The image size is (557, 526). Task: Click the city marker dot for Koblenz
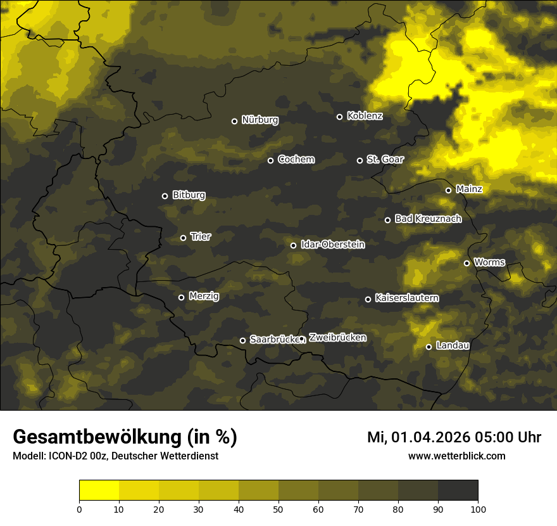pos(339,117)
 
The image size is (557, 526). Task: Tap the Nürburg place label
pos(260,120)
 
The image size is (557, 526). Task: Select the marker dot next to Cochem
pos(270,160)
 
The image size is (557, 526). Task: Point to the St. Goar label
pos(385,159)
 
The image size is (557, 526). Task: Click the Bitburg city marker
pos(165,196)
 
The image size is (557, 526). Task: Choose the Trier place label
pos(201,236)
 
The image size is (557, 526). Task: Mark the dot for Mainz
pos(448,190)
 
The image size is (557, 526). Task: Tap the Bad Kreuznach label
pos(428,219)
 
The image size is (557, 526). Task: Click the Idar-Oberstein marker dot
pos(293,245)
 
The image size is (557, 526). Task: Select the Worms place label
pos(489,262)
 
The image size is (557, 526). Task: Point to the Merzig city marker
pos(181,297)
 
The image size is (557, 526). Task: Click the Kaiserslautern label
pos(406,298)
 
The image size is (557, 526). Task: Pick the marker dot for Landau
pos(429,347)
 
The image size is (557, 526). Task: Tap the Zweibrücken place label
pos(337,338)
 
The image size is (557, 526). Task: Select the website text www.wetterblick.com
pos(457,456)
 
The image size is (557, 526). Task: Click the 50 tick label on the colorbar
pos(278,508)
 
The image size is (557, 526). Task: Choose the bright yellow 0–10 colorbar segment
pos(99,491)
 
